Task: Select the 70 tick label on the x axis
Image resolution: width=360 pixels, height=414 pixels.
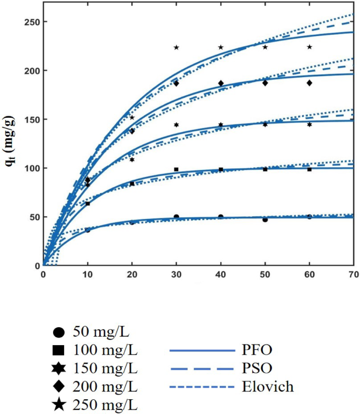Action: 353,275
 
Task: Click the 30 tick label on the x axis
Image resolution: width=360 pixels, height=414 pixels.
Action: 176,275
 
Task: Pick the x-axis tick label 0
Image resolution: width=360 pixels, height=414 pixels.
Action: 43,275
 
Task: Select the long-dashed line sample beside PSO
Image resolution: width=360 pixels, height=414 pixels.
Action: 201,368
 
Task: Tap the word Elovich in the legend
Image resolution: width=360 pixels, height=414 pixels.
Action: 269,388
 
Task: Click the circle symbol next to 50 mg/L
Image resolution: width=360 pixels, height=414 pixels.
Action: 59,332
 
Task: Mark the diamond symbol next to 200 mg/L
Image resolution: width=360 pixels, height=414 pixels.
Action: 59,387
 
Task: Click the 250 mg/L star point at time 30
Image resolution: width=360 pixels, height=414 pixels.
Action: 176,47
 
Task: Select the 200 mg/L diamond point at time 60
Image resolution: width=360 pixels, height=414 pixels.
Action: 310,83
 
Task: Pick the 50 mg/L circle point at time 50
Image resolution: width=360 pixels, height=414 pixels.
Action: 265,219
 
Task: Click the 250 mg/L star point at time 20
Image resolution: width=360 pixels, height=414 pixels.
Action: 132,117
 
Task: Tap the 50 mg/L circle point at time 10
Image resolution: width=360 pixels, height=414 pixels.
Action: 87,230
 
